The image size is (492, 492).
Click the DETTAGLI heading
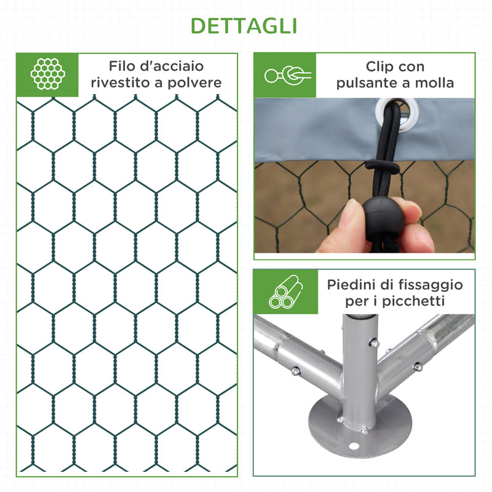coord(244,26)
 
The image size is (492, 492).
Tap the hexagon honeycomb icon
coord(48,74)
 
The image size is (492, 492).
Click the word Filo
coord(122,66)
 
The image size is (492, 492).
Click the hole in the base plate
coord(354,447)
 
